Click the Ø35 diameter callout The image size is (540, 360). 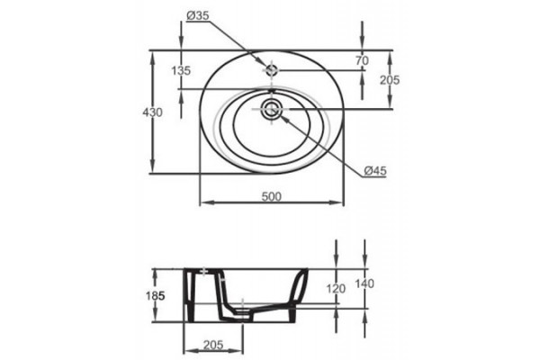[x=198, y=15]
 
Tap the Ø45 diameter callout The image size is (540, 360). [x=375, y=170]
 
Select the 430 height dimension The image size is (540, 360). [x=152, y=112]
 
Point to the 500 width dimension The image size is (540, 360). [x=272, y=196]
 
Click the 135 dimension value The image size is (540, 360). [x=181, y=70]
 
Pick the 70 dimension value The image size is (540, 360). [x=362, y=60]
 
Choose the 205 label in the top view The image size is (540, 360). [x=390, y=80]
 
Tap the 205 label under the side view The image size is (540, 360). [x=213, y=345]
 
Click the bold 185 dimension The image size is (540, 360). [x=155, y=295]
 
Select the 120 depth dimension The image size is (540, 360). [x=336, y=288]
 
